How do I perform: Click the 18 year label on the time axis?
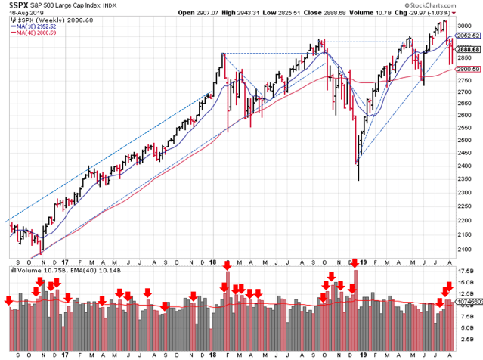coord(214,353)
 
